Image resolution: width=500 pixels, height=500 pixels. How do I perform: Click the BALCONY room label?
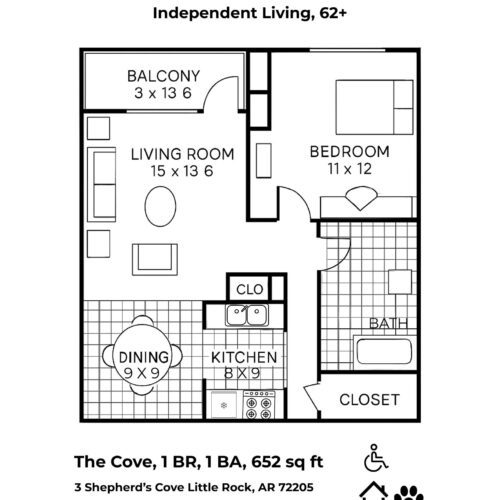(163, 76)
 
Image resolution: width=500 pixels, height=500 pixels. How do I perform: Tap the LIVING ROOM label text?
(182, 154)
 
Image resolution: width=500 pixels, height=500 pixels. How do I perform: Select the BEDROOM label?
(350, 152)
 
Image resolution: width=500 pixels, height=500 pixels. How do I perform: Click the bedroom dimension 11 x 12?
(350, 169)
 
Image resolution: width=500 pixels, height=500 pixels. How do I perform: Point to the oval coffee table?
(160, 206)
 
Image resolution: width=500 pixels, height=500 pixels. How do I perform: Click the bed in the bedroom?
(374, 107)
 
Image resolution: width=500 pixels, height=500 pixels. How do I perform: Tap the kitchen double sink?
(247, 315)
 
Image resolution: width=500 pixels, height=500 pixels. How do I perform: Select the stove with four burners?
(259, 404)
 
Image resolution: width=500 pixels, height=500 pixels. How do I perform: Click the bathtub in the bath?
(384, 352)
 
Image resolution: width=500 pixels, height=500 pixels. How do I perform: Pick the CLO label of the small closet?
(250, 289)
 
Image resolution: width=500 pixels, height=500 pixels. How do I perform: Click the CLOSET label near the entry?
(369, 400)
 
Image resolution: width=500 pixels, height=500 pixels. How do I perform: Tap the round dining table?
(142, 355)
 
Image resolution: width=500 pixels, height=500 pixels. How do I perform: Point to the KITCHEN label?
(244, 357)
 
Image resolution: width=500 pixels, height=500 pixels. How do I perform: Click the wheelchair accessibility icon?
(376, 458)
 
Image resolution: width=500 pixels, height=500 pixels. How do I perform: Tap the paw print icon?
(409, 493)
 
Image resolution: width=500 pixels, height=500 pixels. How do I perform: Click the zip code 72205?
(296, 487)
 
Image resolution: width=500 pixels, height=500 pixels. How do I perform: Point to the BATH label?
(389, 324)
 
